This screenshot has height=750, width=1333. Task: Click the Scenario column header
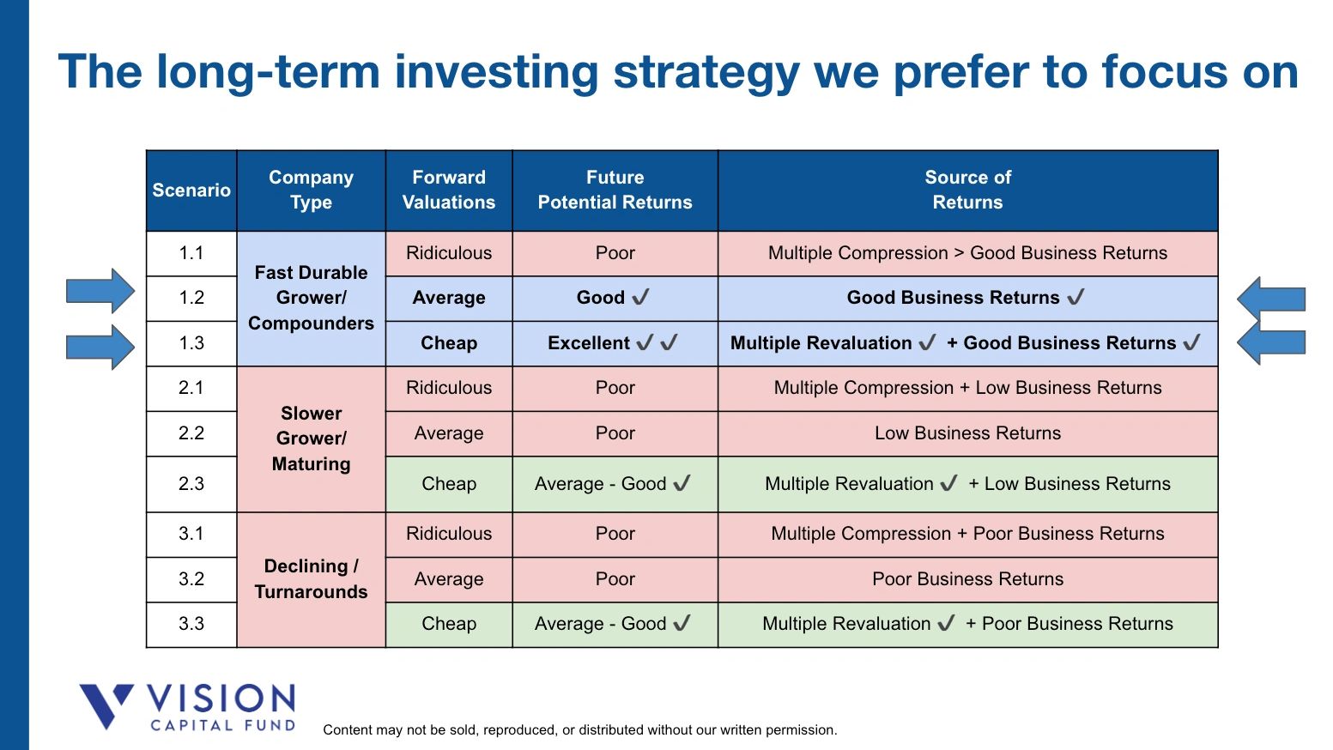click(x=191, y=191)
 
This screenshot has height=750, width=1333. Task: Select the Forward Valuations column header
click(x=449, y=191)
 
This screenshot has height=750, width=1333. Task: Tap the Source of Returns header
click(x=967, y=191)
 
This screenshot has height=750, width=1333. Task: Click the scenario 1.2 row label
click(x=191, y=298)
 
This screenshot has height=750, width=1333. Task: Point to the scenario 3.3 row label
click(x=191, y=624)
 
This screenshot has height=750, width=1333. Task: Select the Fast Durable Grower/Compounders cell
click(x=311, y=298)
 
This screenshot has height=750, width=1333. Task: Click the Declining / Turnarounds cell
click(x=311, y=579)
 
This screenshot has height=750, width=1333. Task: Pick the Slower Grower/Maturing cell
click(x=311, y=439)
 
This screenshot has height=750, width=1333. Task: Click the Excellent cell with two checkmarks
click(x=614, y=343)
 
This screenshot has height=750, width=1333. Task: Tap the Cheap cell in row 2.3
click(x=449, y=484)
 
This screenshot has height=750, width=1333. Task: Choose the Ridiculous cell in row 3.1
click(x=449, y=534)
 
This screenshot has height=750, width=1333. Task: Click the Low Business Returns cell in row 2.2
click(x=967, y=433)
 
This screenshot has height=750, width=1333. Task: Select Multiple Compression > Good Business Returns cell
click(x=967, y=253)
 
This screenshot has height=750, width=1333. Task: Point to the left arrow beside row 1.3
click(x=100, y=347)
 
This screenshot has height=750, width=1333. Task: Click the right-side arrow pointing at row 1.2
click(x=1271, y=299)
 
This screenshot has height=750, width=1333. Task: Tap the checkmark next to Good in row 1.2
click(x=640, y=298)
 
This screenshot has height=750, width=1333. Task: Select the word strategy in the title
click(x=706, y=72)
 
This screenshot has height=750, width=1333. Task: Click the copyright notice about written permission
click(x=579, y=730)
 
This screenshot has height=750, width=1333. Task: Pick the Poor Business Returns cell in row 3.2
click(x=967, y=579)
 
